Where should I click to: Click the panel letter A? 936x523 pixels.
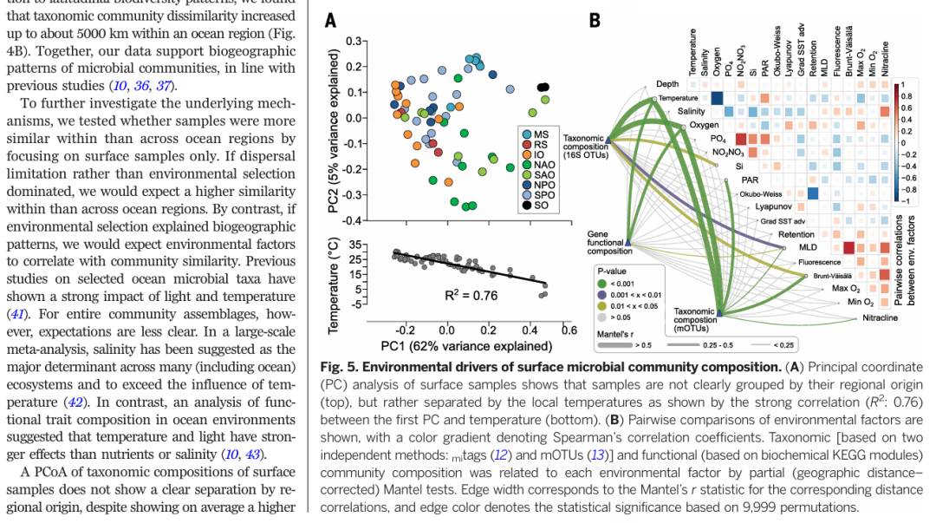[x=330, y=19]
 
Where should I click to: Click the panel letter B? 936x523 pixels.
[x=595, y=19]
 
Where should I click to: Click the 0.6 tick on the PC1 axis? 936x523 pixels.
[x=569, y=330]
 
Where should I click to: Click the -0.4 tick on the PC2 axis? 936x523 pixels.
[x=352, y=220]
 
